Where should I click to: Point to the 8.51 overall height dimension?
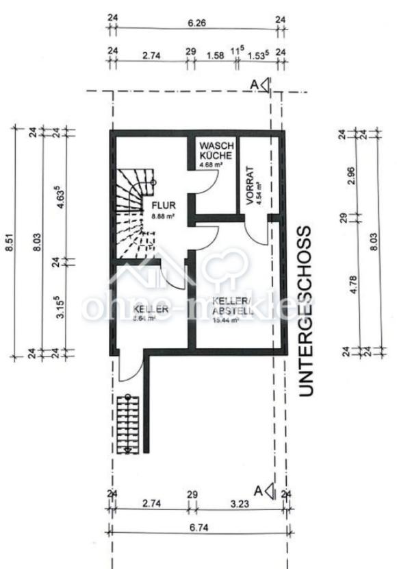10,240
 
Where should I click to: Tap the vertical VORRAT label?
251,183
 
